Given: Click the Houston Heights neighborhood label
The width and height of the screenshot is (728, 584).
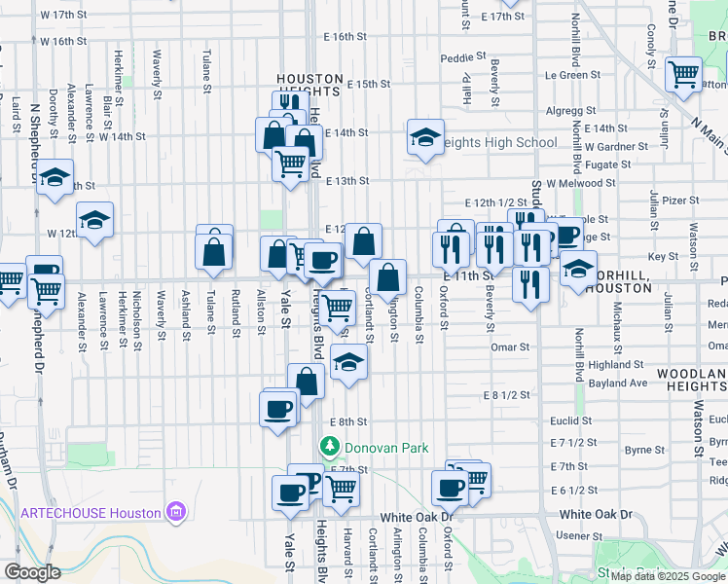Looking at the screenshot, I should (309, 85).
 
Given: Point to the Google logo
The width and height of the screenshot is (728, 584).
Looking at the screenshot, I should (32, 572).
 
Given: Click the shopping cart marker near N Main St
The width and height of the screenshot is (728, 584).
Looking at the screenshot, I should (684, 73).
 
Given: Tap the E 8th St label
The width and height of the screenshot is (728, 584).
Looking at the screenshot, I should (347, 421).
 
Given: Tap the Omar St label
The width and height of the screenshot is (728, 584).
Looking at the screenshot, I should (510, 347).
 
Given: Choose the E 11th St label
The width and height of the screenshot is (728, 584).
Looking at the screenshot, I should (474, 275).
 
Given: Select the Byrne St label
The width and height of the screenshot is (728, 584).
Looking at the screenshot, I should (645, 450).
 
